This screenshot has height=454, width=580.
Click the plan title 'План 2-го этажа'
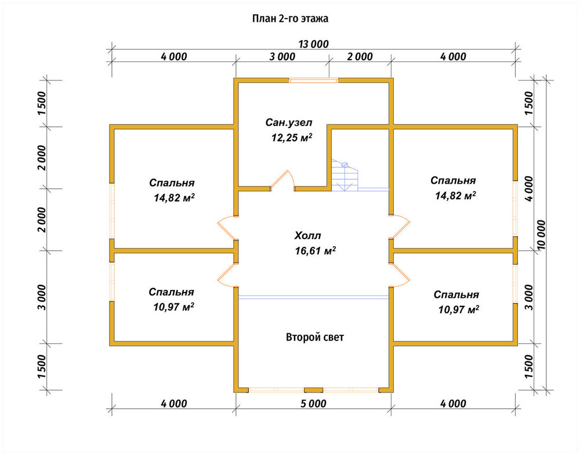(290, 19)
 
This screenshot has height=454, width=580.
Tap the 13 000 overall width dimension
(314, 45)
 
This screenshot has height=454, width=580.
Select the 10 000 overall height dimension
(541, 235)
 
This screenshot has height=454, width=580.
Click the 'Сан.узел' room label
(288, 122)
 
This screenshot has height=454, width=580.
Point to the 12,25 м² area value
(292, 137)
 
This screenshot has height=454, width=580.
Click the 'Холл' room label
(308, 236)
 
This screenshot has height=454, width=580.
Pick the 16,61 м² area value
(315, 251)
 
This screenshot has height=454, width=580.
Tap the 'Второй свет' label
(315, 337)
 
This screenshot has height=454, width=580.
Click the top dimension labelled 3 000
(282, 57)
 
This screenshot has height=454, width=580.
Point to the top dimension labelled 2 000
(360, 57)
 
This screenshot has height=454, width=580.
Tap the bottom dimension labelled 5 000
(313, 404)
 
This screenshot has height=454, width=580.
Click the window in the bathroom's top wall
(313, 80)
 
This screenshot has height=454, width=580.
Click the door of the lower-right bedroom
(401, 274)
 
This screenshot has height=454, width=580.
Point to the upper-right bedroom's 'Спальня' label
(453, 181)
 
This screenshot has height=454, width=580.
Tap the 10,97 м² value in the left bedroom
(174, 307)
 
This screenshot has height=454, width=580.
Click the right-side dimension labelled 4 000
(529, 188)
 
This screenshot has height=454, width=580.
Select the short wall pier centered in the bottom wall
(313, 390)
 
